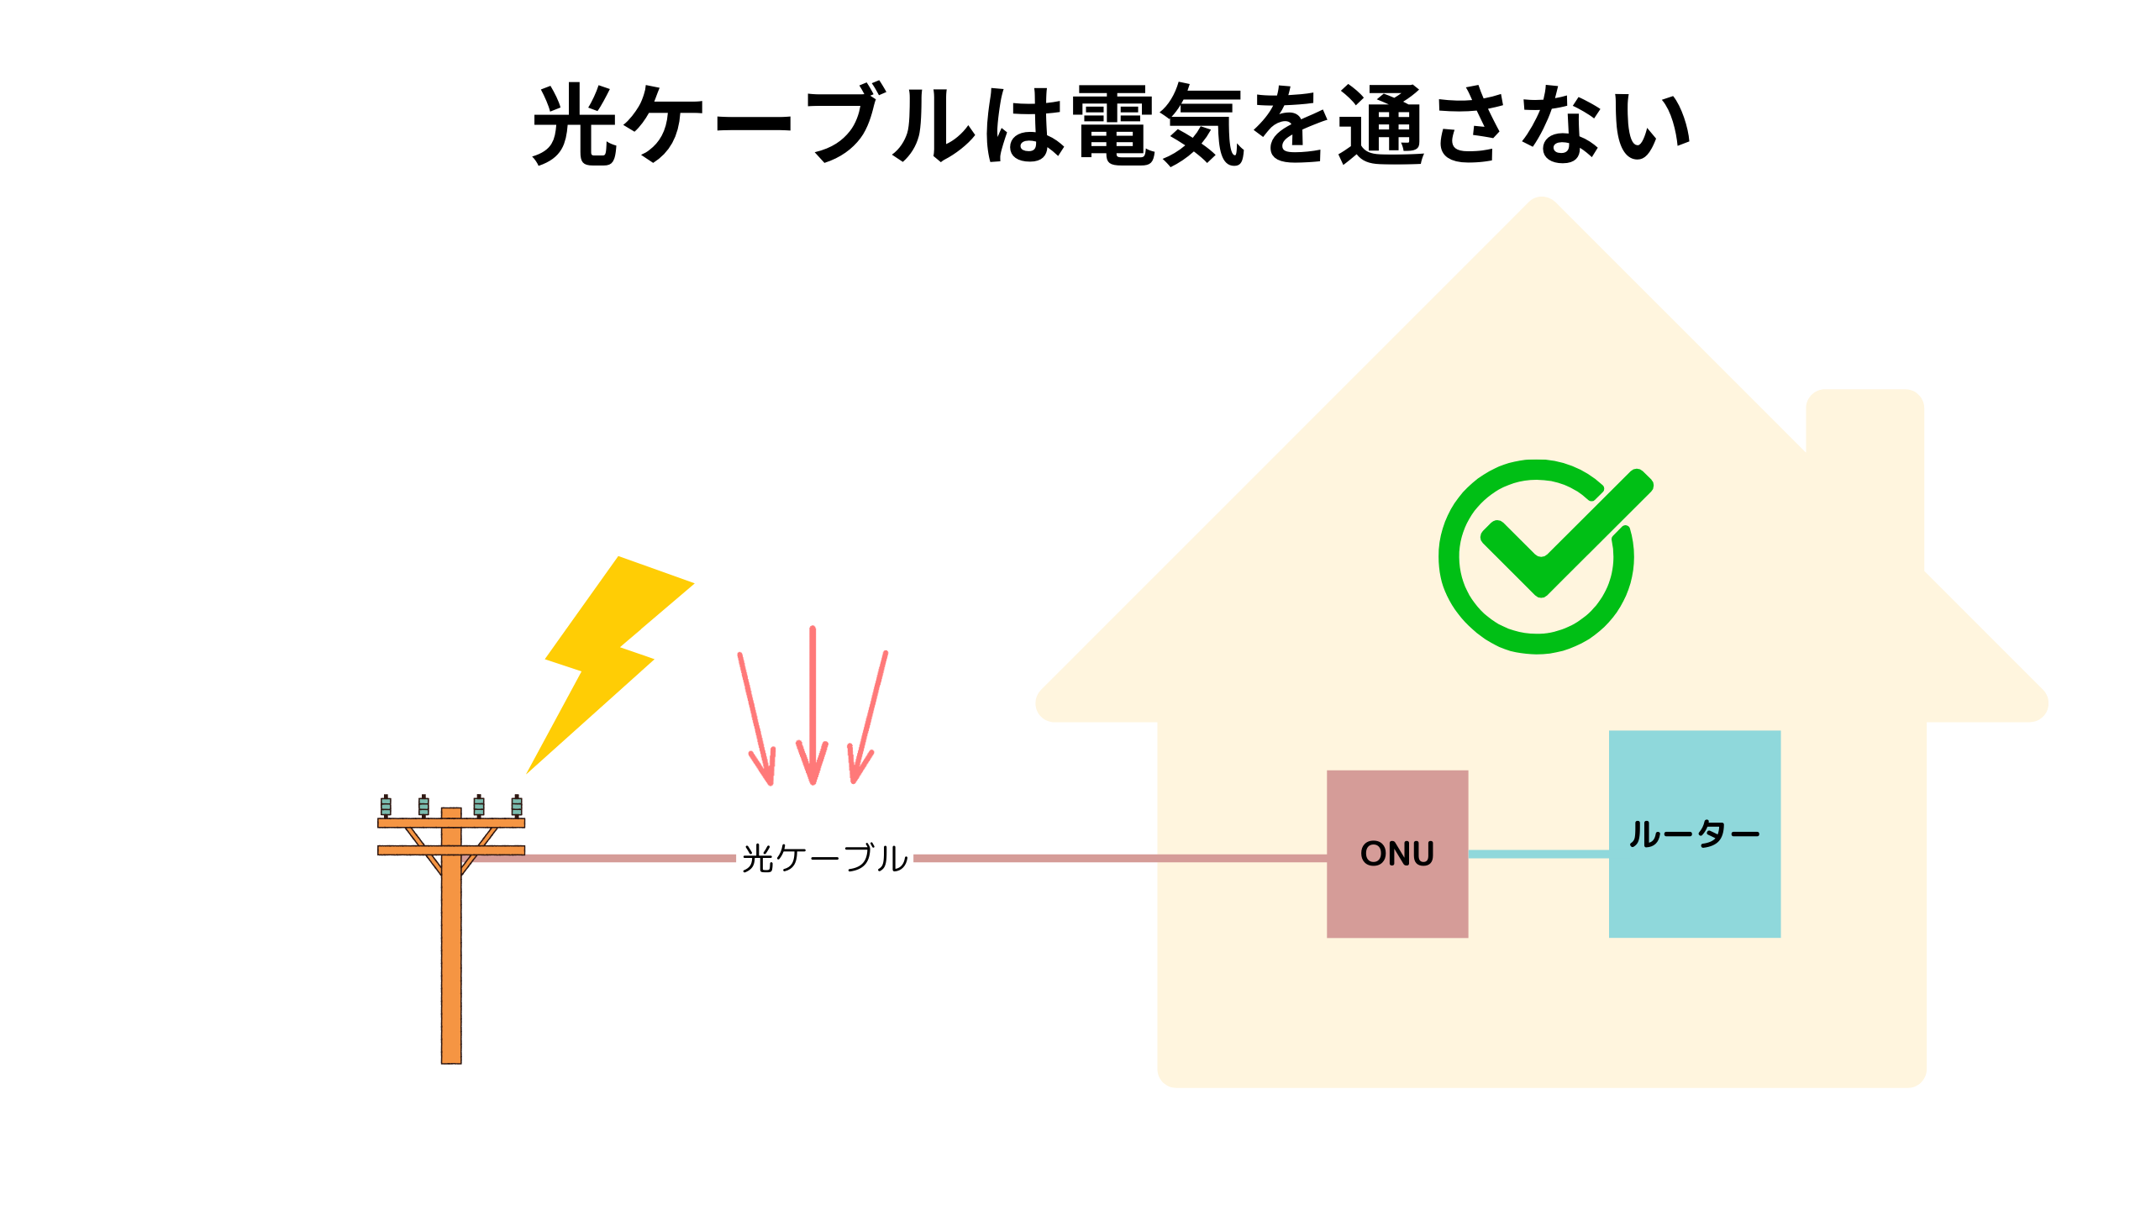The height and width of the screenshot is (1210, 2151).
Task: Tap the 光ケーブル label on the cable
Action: click(824, 859)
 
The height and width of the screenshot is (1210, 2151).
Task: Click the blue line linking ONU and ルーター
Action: click(1538, 854)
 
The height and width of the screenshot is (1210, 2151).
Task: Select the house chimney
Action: click(1864, 437)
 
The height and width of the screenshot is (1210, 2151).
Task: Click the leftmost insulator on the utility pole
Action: click(386, 806)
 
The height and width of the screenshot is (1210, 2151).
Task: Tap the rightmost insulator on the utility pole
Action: click(517, 806)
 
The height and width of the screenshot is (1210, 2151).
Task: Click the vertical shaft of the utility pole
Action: click(451, 966)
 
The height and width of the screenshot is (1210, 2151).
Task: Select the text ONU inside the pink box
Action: click(1396, 854)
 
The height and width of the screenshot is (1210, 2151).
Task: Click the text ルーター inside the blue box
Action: click(1694, 834)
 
